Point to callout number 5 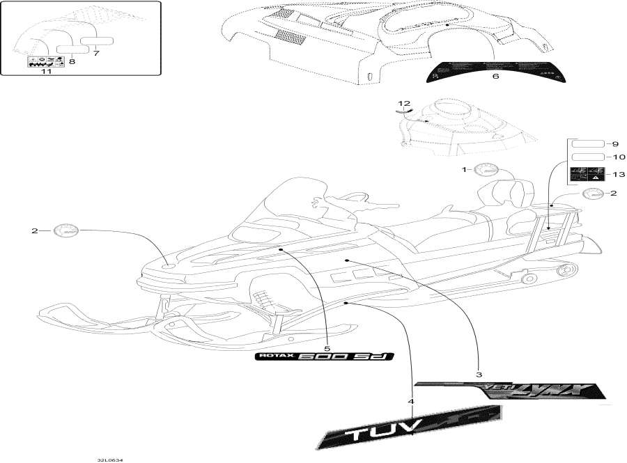point(327,347)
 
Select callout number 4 point(411,402)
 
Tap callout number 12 point(405,103)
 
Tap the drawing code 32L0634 point(116,458)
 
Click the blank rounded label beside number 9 point(587,143)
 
